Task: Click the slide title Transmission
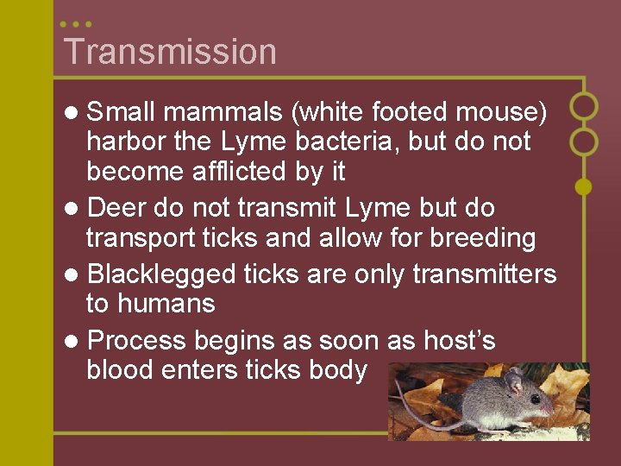pos(170,52)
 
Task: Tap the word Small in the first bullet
pos(122,112)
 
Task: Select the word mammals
pos(222,112)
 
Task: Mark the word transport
pos(141,238)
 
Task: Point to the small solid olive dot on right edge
pos(584,186)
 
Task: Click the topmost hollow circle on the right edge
pos(584,106)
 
